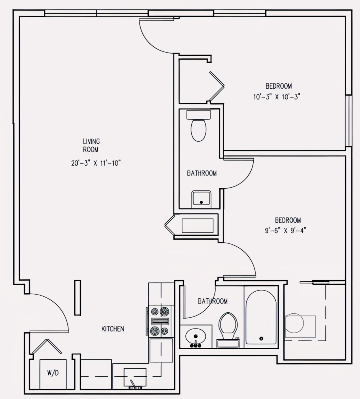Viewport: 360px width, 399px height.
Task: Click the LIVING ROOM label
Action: [91, 146]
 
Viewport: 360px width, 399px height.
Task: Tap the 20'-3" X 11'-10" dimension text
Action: [95, 163]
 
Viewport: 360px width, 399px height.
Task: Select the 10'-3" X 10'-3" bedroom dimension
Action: [278, 97]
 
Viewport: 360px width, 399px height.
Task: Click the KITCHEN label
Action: [113, 329]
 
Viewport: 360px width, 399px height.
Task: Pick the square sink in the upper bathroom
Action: [201, 199]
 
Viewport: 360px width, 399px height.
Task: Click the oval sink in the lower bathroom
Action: [196, 336]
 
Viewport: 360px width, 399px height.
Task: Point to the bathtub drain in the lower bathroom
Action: [261, 338]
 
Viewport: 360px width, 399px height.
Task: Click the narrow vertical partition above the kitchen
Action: [77, 298]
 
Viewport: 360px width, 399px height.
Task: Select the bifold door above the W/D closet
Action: [46, 347]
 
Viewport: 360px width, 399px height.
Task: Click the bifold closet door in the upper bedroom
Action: [217, 86]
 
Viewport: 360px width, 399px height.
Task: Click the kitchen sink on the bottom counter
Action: [135, 377]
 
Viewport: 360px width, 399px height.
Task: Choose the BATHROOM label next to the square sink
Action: [202, 173]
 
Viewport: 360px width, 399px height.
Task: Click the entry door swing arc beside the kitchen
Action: [53, 308]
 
